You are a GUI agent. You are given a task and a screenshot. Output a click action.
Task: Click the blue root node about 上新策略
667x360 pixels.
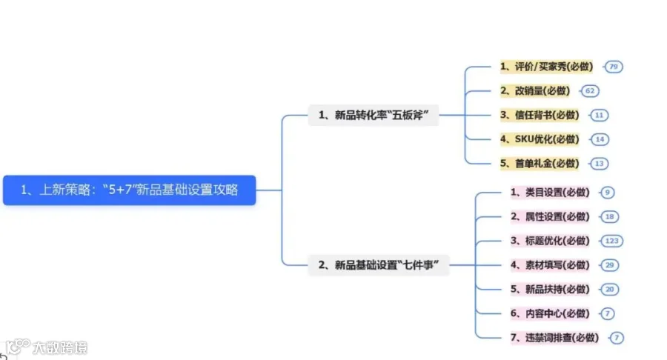coord(129,190)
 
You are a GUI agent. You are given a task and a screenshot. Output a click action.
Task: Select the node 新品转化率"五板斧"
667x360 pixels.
coord(374,115)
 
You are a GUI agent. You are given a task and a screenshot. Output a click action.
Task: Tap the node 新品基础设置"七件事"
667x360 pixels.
coord(379,265)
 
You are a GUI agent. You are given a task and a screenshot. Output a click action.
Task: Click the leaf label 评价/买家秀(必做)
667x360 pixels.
coord(547,67)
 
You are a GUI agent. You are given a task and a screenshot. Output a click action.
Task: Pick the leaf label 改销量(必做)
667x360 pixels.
coord(535,91)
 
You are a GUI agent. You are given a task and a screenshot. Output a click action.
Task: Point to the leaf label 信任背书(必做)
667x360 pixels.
coord(540,115)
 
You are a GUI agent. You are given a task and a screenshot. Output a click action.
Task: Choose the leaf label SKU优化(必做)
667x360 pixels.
coord(540,139)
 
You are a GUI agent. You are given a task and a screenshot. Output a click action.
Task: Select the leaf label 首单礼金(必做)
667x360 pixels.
coord(540,164)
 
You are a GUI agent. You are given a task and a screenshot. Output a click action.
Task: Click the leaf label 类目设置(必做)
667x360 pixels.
coord(550,193)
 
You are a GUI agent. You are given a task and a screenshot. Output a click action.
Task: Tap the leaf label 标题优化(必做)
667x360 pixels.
coord(550,241)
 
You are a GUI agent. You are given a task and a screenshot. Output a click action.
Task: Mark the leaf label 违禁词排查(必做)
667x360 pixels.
coord(554,338)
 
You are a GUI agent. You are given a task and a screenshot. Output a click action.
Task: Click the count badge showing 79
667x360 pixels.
coord(614,67)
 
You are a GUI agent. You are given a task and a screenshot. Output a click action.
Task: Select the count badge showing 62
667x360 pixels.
coord(590,91)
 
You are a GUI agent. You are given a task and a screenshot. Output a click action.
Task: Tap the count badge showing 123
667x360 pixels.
coord(611,241)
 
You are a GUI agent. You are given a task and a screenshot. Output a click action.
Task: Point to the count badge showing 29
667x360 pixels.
coord(610,265)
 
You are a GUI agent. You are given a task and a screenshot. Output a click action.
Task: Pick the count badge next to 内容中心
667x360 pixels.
coord(607,313)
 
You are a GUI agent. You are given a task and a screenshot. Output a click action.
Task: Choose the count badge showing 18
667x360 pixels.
coord(610,217)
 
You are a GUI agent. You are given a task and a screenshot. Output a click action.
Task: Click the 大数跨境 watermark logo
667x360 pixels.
coord(46,347)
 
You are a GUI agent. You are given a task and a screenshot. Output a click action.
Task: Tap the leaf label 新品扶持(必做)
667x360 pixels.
coord(550,290)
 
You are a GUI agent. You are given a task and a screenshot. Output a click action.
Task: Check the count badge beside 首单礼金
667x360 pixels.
coord(600,164)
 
